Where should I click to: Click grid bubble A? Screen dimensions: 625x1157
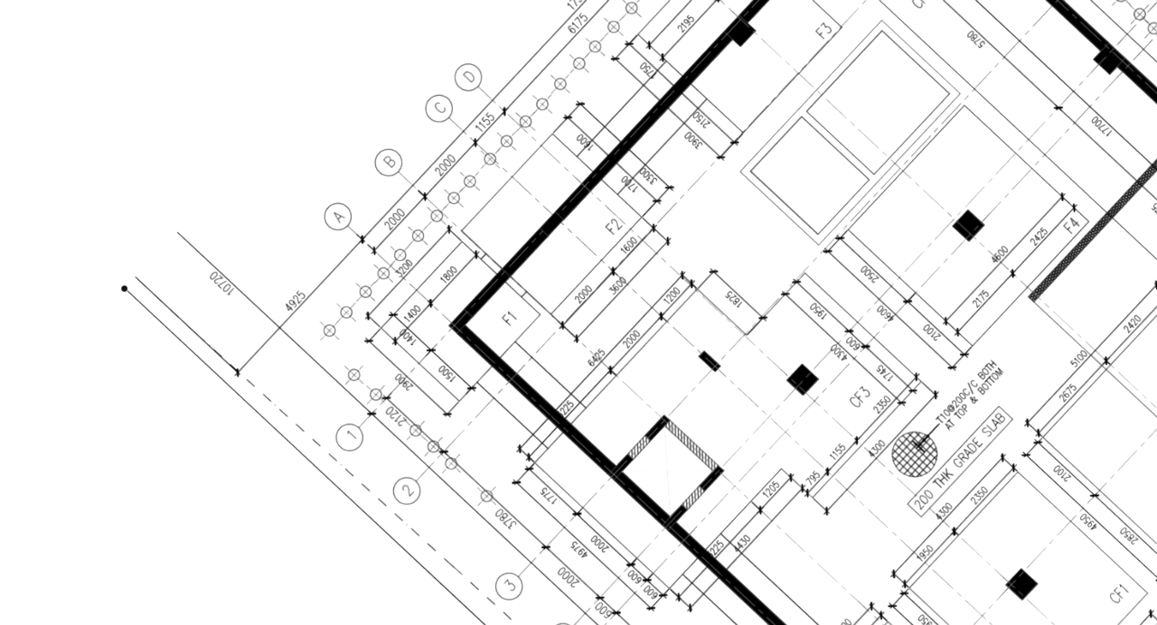click(338, 217)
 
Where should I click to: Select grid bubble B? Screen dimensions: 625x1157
click(389, 163)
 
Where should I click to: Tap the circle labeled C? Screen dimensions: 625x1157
click(438, 109)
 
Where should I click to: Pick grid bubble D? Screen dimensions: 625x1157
click(469, 76)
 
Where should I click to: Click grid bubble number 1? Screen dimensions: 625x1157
click(351, 438)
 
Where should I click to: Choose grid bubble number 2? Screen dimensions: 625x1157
click(408, 491)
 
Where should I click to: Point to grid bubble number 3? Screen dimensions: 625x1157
click(510, 585)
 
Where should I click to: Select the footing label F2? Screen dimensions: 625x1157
click(616, 225)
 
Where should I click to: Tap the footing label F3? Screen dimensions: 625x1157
click(823, 30)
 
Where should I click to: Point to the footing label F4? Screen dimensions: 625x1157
click(1071, 222)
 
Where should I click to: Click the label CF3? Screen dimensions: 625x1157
click(860, 396)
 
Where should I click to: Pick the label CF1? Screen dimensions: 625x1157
click(1120, 594)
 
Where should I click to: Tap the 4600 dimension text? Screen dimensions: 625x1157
click(296, 304)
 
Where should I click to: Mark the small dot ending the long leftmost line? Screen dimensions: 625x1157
click(124, 289)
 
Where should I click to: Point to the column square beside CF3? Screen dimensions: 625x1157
click(801, 379)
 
